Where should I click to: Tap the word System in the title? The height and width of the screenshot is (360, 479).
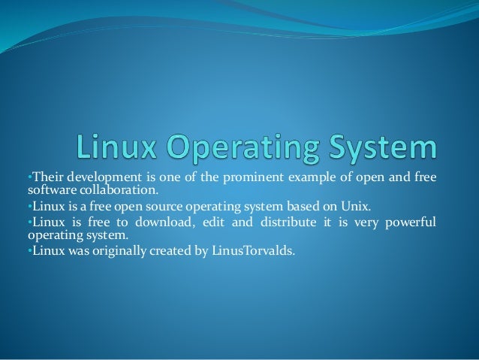[384, 147]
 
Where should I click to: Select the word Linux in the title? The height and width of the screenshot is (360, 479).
[117, 147]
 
